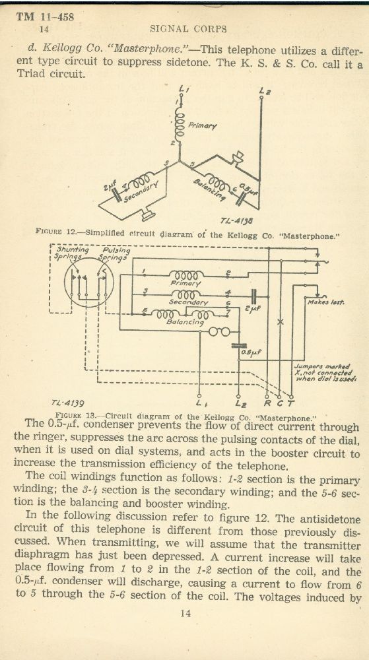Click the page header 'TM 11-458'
click(45, 17)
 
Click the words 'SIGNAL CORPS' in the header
click(189, 29)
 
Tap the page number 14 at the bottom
click(185, 613)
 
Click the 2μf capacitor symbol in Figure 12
click(115, 193)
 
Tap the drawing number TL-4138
click(236, 221)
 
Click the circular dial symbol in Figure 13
click(89, 282)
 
